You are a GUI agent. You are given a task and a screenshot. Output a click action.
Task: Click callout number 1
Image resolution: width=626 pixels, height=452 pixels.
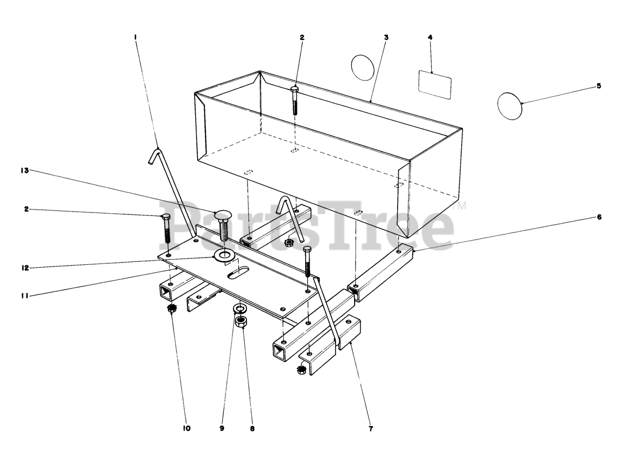[x=135, y=37]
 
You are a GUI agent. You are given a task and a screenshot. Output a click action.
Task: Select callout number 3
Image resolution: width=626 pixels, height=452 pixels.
[x=386, y=38]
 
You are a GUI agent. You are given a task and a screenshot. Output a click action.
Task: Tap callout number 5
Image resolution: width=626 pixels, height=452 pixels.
[x=599, y=86]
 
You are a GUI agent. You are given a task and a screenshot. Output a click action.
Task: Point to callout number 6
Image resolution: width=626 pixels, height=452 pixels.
[x=599, y=217]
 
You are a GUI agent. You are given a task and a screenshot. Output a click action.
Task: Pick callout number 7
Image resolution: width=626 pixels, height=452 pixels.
[x=371, y=429]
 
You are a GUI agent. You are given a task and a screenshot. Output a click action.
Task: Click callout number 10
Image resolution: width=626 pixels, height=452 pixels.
[x=187, y=428]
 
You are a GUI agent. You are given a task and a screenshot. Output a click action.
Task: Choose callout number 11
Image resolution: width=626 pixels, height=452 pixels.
[x=25, y=296]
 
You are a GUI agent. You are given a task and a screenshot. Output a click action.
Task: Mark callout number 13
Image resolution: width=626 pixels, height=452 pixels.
[x=25, y=171]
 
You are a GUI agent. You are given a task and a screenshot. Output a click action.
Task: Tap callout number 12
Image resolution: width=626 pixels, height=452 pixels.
[x=25, y=268]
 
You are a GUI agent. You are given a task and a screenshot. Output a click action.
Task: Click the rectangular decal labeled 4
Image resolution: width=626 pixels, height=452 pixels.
[x=435, y=85]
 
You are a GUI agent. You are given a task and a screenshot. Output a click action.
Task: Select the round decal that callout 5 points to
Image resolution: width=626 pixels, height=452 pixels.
[x=510, y=106]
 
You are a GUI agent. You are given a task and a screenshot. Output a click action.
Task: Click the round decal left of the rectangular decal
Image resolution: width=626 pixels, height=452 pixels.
[x=363, y=68]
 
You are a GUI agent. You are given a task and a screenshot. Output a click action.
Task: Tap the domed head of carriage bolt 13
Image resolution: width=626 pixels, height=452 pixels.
[x=223, y=215]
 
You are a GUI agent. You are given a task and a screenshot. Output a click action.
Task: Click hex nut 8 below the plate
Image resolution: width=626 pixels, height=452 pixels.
[x=241, y=322]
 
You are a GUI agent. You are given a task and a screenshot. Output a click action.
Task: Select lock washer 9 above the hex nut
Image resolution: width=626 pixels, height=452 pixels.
[x=239, y=309]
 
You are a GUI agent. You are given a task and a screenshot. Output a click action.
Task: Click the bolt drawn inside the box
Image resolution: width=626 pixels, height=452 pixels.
[x=295, y=101]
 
